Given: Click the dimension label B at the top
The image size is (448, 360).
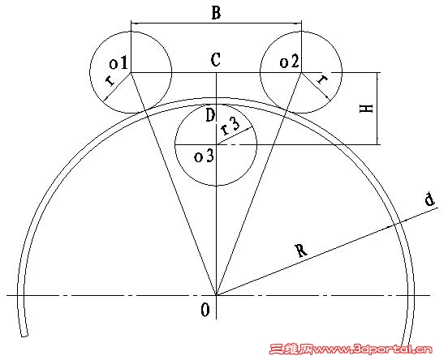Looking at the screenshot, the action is (x=216, y=13).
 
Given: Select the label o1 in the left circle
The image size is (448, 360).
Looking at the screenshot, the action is (x=118, y=63).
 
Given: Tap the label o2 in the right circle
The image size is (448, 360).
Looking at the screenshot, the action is (x=290, y=62).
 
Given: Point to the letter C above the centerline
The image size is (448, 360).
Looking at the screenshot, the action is (x=215, y=60).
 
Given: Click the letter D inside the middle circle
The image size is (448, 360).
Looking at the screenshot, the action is (x=210, y=115).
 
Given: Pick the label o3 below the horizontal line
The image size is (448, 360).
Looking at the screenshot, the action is (x=204, y=156).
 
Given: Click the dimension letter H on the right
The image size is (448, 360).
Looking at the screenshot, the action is (x=366, y=109).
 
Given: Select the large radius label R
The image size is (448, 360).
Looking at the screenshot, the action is (x=301, y=251).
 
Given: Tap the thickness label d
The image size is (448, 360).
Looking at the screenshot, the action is (x=429, y=199).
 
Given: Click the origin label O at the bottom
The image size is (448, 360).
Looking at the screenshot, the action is (x=205, y=310).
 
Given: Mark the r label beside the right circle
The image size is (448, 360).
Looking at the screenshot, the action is (x=322, y=79).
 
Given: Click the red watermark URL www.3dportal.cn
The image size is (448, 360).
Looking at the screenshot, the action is (x=373, y=349).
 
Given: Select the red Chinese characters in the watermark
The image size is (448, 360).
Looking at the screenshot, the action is (x=291, y=349).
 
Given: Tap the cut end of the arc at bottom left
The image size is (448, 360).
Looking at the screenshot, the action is (x=24, y=335).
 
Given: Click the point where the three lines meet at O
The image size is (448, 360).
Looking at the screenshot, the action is (x=216, y=295).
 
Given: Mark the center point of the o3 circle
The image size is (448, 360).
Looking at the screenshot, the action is (x=216, y=145).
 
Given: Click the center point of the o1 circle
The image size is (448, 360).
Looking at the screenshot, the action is (x=131, y=72).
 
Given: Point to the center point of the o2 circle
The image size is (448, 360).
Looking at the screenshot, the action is (x=301, y=72).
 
